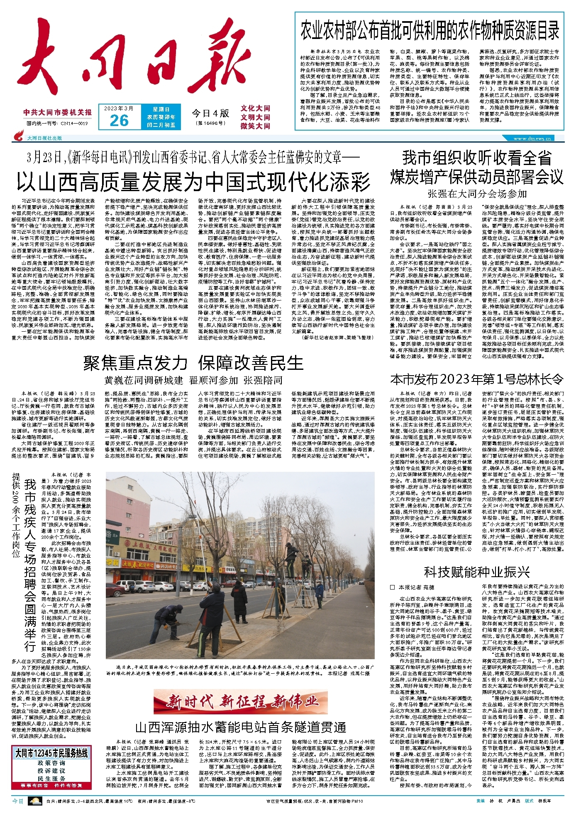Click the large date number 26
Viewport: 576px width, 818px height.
119,121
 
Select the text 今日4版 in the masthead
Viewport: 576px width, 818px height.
210,113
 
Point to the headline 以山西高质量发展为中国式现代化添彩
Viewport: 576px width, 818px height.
193,181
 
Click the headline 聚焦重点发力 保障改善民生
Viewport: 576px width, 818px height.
193,363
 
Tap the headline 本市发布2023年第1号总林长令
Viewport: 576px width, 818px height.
477,379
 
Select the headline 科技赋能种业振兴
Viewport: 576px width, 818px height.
477,572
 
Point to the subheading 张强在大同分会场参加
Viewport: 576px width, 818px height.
477,194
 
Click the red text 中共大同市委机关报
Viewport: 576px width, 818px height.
58,112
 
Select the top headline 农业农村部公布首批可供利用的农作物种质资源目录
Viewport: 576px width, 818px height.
430,31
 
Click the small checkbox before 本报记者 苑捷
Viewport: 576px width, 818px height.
393,587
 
